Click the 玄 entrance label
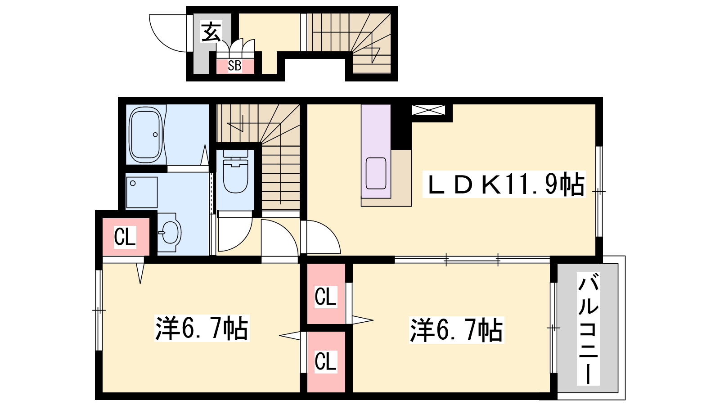(211, 32)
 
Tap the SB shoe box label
(234, 66)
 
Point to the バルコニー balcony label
(588, 328)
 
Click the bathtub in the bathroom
(146, 135)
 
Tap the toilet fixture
(236, 171)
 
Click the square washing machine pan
(142, 193)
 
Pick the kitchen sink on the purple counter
(376, 173)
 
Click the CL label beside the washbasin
(125, 237)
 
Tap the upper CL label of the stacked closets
(326, 297)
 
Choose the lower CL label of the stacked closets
(326, 361)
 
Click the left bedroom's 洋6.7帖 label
(202, 328)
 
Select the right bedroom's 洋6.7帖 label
(456, 330)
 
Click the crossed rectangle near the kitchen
(428, 110)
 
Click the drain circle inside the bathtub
(155, 135)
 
